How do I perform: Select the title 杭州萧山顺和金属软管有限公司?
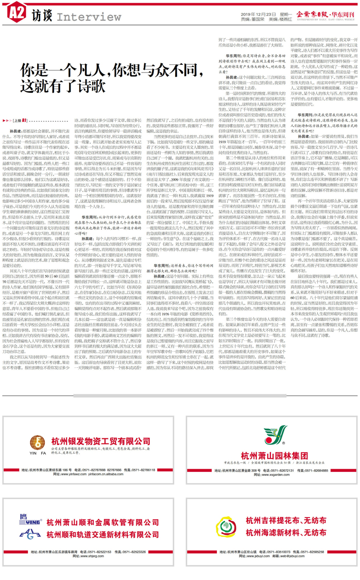pyautogui.click(x=103, y=523)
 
